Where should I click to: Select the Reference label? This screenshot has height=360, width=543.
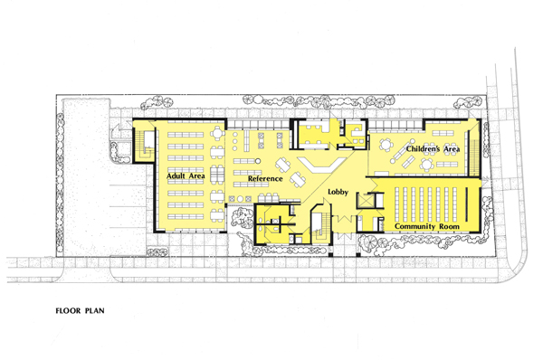[262, 179]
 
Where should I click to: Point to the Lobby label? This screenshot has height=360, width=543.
[338, 193]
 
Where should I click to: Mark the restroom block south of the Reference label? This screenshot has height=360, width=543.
[277, 222]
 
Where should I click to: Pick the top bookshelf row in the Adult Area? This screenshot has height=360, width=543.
[186, 132]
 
